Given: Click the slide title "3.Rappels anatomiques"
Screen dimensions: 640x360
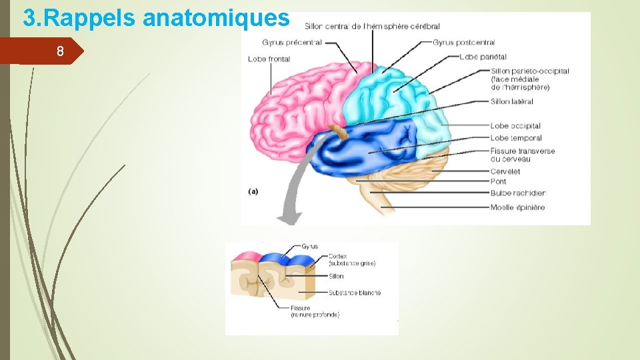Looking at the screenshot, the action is point(156,17).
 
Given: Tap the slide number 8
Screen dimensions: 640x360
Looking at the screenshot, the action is point(60,51).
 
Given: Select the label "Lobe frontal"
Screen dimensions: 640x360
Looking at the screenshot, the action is point(269,59).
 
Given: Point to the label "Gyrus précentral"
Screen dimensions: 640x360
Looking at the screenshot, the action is point(291,43).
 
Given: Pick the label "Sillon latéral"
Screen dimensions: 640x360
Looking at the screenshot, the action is point(511,102).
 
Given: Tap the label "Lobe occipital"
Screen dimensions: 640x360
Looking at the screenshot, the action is point(515,126).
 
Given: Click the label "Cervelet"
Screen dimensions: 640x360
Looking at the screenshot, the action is point(505,171).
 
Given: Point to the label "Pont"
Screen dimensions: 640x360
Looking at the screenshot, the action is point(498,181).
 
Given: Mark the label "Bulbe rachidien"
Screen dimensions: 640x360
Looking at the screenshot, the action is point(517,193).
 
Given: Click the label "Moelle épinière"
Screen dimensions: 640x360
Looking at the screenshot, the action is point(517,207).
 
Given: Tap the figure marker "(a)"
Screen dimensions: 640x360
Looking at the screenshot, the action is point(253,191).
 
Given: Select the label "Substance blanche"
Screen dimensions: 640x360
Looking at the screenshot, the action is point(354,293).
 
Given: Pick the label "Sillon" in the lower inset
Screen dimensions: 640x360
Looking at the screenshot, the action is point(336,277).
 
